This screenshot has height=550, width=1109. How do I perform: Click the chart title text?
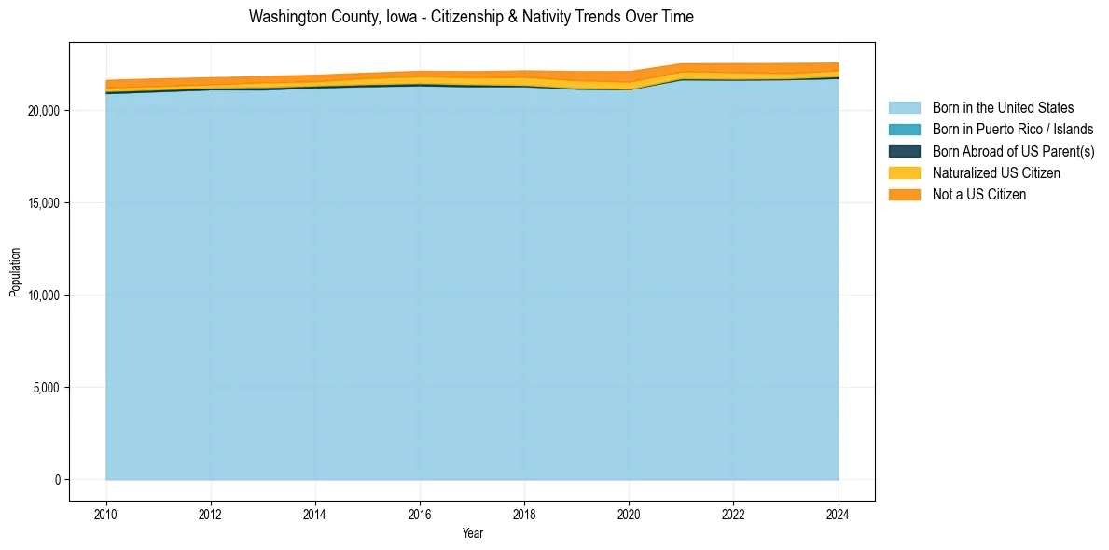[471, 17]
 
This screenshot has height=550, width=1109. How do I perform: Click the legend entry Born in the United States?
[1003, 108]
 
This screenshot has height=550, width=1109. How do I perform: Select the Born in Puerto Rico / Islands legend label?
[1013, 130]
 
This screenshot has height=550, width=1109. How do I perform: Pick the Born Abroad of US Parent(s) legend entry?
[1013, 151]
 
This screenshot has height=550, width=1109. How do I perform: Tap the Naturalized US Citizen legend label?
[996, 173]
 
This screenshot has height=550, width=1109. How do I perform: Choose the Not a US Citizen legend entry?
[979, 195]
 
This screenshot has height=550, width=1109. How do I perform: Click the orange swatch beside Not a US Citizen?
[904, 195]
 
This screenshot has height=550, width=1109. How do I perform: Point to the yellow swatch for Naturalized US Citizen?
[904, 173]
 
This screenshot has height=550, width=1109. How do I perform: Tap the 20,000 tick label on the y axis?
[44, 111]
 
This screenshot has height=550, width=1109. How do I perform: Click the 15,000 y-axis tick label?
[44, 203]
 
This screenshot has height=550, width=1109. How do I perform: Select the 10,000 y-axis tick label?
[44, 296]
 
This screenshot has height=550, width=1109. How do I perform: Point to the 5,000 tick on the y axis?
[47, 388]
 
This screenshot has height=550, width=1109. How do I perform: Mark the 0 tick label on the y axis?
[56, 480]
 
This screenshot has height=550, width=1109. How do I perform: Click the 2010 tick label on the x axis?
[106, 513]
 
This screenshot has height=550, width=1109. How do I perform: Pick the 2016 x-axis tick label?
[420, 513]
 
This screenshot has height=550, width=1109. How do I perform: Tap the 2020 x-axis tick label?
[629, 513]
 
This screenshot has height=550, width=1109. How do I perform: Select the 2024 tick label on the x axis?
[839, 513]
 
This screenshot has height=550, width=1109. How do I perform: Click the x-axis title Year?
[472, 533]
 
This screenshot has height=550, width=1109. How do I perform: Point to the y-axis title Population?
[15, 271]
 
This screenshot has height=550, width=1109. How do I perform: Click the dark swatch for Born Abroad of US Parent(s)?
[904, 151]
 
